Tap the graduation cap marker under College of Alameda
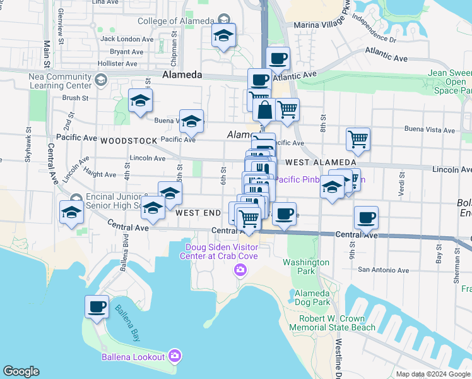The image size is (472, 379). coord(223,37)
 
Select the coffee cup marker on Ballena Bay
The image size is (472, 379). coord(97,308)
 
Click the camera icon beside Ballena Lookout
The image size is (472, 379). coord(174,357)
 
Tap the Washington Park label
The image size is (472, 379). coord(306,267)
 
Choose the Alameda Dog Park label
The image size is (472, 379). coord(312,298)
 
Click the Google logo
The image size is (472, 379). coord(21,371)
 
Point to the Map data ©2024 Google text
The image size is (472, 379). coord(433,374)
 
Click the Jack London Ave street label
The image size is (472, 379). coord(127,39)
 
